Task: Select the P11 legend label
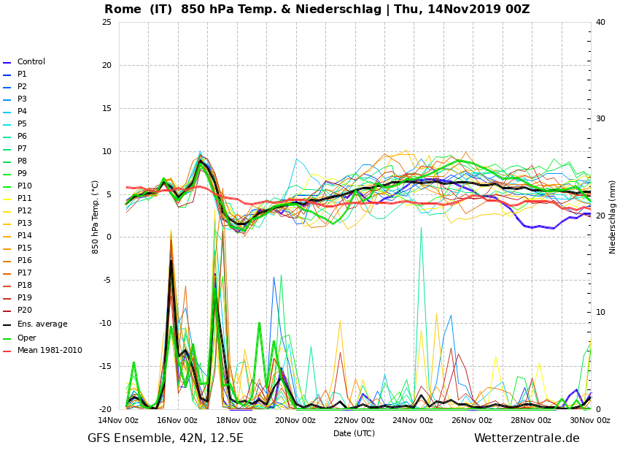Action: pos(25,198)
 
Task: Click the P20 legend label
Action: pos(25,310)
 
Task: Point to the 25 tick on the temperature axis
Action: pos(106,22)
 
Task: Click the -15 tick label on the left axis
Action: pos(105,366)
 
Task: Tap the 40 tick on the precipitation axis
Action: pos(600,22)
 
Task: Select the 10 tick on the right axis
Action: pos(600,312)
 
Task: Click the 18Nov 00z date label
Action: pos(236,420)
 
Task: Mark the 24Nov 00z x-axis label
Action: pos(413,420)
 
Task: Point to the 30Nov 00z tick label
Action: pos(590,420)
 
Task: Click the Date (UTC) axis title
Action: pos(354,433)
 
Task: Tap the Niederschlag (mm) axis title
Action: pos(612,217)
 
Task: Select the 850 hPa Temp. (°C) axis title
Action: pos(95,217)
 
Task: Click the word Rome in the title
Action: pos(123,9)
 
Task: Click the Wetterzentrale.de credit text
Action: pos(527,438)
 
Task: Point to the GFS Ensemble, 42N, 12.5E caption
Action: pos(166,438)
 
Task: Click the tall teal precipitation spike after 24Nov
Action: pos(421,317)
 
